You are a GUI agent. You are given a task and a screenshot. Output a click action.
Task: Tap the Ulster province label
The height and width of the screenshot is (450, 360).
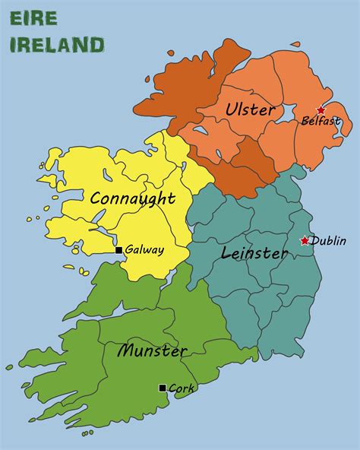250,109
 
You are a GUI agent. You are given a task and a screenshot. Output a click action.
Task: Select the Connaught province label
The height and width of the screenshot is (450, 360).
132,199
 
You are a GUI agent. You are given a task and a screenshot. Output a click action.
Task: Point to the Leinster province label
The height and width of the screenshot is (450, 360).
254,252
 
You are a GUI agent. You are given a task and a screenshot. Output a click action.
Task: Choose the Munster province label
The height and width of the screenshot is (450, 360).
152,351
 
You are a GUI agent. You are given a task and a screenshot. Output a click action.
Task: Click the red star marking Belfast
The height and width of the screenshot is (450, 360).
321,110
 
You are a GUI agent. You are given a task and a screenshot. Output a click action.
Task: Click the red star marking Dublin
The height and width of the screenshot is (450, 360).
305,240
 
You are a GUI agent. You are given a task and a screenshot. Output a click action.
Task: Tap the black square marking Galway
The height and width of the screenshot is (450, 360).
118,250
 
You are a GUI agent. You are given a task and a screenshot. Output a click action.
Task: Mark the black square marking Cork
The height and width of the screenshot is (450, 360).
163,388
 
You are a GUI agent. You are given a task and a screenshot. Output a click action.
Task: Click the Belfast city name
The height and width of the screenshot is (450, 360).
321,121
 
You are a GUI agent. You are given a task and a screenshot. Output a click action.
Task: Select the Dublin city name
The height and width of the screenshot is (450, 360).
329,241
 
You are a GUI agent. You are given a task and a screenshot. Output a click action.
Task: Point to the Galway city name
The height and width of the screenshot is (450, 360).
144,250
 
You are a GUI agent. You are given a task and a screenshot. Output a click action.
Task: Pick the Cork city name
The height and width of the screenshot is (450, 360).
182,388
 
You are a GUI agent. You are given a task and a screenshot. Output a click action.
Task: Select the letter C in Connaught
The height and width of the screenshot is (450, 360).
96,199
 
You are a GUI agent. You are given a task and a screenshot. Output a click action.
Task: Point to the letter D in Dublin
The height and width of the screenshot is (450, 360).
315,241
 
